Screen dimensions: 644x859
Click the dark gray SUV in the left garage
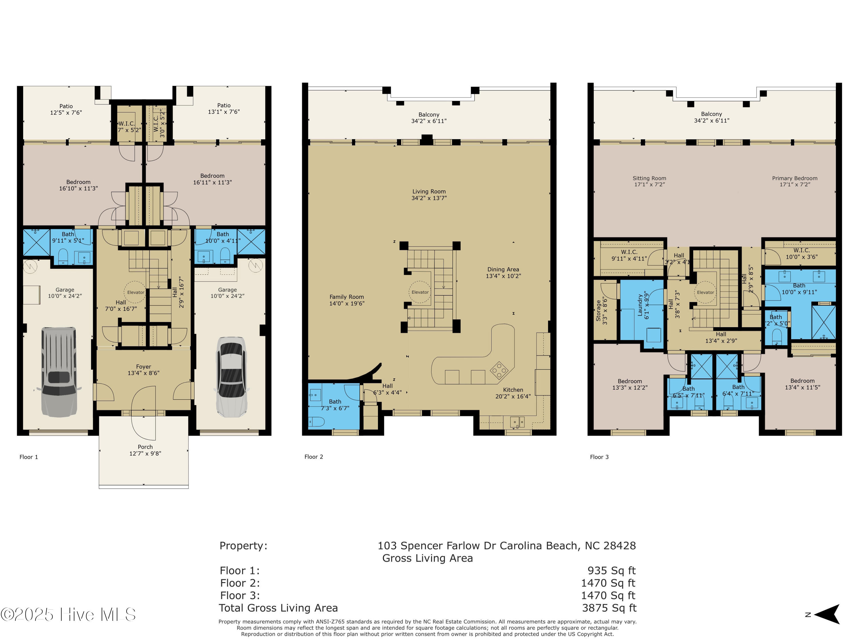pyautogui.click(x=59, y=372)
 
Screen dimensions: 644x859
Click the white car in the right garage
pyautogui.click(x=231, y=377)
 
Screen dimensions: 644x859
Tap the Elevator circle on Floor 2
pyautogui.click(x=420, y=292)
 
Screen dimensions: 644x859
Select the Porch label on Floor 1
pyautogui.click(x=145, y=447)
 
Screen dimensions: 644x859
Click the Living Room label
pyautogui.click(x=429, y=191)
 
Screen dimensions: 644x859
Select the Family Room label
pyautogui.click(x=346, y=297)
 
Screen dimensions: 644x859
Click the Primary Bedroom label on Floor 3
pyautogui.click(x=795, y=178)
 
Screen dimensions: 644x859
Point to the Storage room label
pyautogui.click(x=598, y=311)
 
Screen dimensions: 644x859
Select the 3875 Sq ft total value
pyautogui.click(x=609, y=608)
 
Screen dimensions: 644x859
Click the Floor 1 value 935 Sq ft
pyautogui.click(x=611, y=571)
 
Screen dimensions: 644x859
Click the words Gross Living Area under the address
pyautogui.click(x=427, y=558)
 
